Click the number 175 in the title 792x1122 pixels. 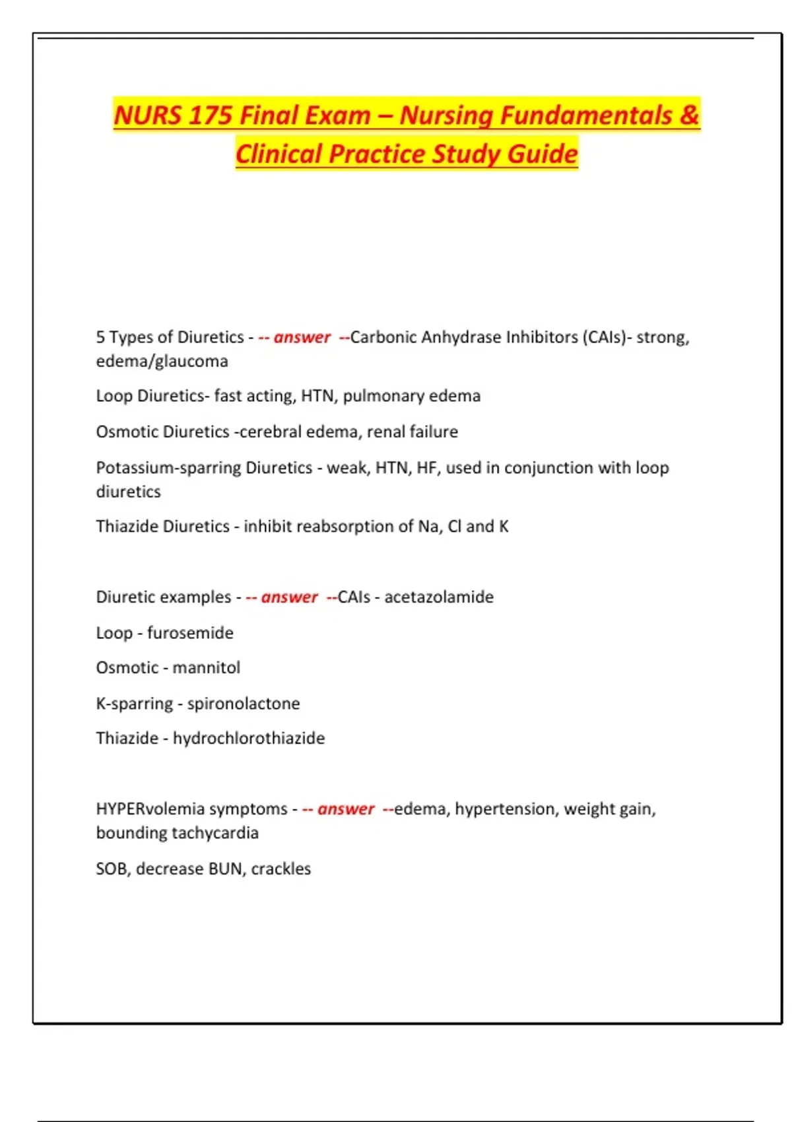coord(208,115)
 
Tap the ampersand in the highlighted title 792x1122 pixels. coord(688,115)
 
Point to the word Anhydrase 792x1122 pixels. coord(461,337)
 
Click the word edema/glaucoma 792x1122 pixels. coord(162,361)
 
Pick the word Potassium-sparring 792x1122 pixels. coord(168,468)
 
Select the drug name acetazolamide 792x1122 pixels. coord(439,597)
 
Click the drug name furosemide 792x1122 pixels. coord(190,633)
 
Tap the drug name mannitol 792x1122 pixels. coord(206,668)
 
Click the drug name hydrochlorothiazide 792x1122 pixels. coord(249,739)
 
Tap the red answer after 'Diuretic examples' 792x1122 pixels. coord(289,597)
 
